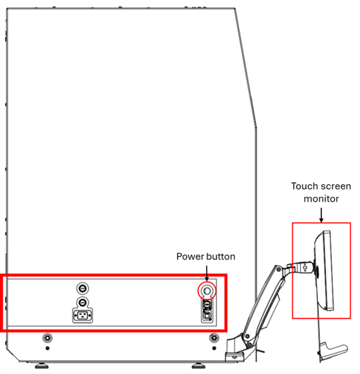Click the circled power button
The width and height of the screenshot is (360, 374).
(x=207, y=291)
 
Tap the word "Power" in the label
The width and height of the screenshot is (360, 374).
(x=190, y=257)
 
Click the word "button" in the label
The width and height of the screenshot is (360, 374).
(x=221, y=257)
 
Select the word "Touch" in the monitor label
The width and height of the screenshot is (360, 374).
(x=303, y=186)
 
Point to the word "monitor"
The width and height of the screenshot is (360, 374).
(x=321, y=199)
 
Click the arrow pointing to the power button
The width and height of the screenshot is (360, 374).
(x=207, y=273)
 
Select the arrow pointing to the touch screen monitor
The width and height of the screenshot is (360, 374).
(x=321, y=215)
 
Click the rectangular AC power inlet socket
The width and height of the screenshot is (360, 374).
(x=82, y=316)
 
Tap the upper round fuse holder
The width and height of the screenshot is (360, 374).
(x=82, y=288)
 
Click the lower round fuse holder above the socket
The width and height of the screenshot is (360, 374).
(x=82, y=303)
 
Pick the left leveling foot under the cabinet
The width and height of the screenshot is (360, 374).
(x=41, y=366)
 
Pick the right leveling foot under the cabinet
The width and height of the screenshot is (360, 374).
(x=199, y=366)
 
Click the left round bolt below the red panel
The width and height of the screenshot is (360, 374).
(x=47, y=337)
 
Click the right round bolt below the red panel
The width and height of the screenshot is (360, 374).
(x=214, y=337)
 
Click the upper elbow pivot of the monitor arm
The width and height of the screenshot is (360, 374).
(x=278, y=269)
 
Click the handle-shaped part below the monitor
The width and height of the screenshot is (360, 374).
(x=333, y=351)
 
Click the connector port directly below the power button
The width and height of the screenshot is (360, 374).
(x=207, y=304)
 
